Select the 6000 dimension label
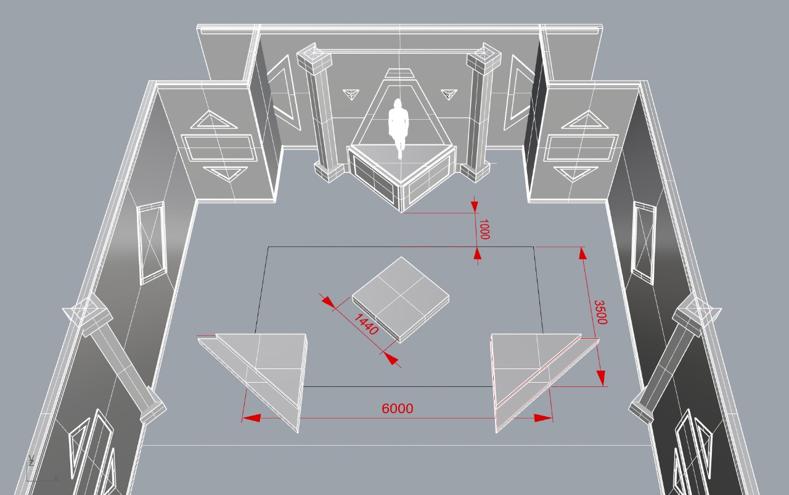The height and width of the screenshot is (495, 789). tap(398, 409)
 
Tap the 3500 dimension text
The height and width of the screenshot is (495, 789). tap(600, 312)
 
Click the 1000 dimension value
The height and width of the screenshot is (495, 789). tap(484, 229)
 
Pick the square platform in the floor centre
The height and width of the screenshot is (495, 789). tap(401, 296)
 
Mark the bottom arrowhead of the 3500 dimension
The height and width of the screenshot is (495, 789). tap(601, 377)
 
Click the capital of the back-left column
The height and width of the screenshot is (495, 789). tap(314, 57)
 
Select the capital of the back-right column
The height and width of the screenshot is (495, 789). tap(484, 57)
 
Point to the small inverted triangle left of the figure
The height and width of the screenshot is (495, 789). tap(351, 94)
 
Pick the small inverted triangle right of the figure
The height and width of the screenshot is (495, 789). tap(449, 94)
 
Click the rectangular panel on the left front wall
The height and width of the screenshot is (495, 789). tap(219, 148)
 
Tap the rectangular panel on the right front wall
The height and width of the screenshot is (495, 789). tap(580, 148)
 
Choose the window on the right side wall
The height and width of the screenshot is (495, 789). tap(644, 243)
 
